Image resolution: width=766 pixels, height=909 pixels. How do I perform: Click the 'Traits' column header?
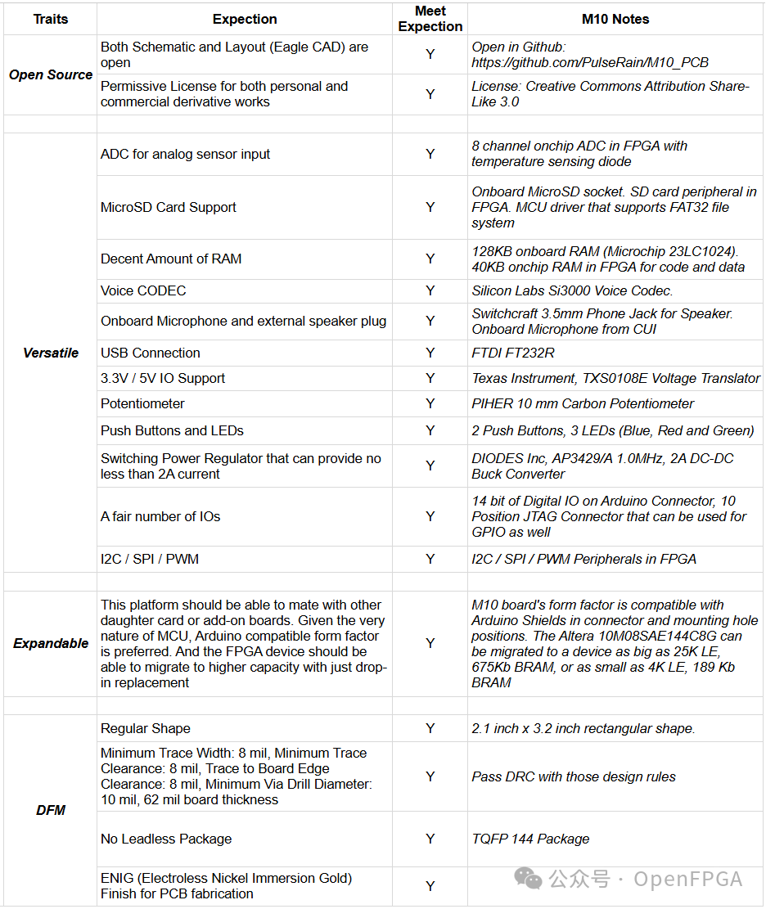coord(51,19)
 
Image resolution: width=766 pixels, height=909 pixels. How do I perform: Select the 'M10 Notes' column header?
coord(615,19)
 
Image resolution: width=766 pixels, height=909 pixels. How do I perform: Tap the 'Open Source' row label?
coord(51,74)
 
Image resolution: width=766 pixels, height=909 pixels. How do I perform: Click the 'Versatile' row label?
coord(51,353)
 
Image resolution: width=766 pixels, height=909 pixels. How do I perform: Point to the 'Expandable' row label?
coord(51,643)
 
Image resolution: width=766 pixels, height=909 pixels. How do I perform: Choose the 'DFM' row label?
coord(51,810)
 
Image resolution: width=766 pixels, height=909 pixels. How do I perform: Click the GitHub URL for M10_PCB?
coord(590,62)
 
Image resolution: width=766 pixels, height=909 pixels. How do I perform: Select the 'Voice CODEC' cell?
coord(143,290)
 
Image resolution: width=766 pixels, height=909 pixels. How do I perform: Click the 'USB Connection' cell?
coord(151,353)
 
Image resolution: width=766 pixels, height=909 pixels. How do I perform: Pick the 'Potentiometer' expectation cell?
coord(143,403)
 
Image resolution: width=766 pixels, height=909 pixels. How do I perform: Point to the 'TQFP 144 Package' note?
coord(530,839)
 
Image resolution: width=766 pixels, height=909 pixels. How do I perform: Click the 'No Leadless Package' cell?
coord(166,839)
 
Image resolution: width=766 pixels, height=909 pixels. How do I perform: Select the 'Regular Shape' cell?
coord(146,728)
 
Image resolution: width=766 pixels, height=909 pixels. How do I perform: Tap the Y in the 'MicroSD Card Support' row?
coord(430,207)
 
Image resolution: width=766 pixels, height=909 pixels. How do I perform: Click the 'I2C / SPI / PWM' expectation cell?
coord(150,559)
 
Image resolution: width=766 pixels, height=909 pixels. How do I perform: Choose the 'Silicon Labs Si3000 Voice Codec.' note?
coord(572,290)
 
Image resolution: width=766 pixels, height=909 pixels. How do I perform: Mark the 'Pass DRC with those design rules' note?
coord(574,776)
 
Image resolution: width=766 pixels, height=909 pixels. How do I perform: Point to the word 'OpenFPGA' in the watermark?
coord(687,880)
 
